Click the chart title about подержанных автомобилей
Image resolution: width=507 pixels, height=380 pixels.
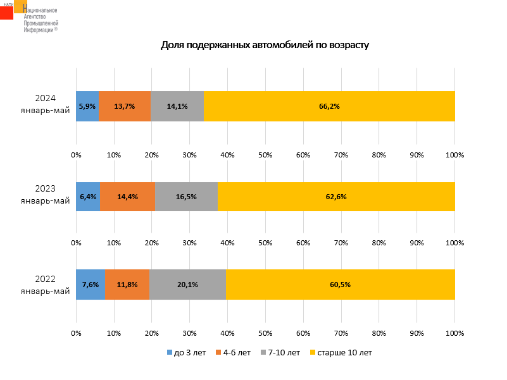[265, 45]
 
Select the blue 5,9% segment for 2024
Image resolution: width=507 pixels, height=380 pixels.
[87, 106]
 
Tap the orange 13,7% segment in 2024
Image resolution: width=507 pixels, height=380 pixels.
[125, 106]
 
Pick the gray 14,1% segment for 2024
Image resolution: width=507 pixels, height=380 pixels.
[177, 106]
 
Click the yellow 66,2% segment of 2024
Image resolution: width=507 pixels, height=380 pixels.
[329, 106]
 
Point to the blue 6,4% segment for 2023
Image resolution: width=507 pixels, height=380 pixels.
[88, 197]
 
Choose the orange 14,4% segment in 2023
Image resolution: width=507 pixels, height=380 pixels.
[127, 197]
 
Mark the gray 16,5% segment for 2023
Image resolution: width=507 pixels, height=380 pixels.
[186, 197]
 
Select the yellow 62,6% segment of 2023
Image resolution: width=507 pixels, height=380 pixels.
[336, 197]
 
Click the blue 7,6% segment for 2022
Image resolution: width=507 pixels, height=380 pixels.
[91, 285]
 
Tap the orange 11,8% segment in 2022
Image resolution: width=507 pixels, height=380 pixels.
[127, 285]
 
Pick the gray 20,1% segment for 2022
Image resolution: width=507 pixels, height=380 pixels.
[187, 285]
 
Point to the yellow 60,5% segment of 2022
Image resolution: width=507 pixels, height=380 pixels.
[341, 285]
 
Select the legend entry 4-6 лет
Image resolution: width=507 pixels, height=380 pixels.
[234, 352]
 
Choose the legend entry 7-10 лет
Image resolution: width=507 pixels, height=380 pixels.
[280, 352]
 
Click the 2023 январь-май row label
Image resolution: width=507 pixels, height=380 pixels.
[45, 195]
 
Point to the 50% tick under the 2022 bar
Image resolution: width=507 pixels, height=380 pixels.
[265, 332]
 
